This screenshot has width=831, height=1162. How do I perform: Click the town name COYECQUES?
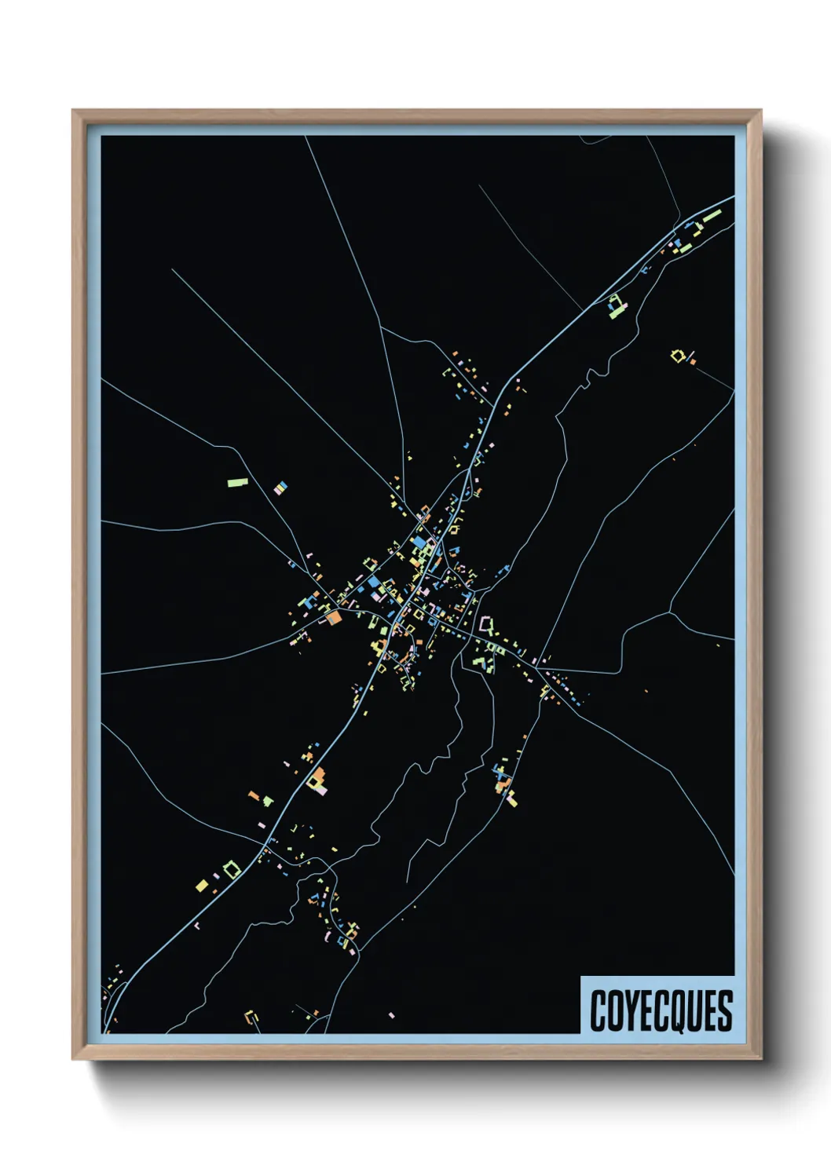[x=661, y=1010]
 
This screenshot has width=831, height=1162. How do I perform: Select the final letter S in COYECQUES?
[x=724, y=1010]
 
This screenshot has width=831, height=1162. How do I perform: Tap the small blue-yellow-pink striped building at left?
[x=280, y=488]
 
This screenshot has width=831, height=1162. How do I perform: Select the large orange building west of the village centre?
[x=333, y=617]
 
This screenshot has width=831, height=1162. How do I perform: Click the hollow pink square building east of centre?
[x=487, y=625]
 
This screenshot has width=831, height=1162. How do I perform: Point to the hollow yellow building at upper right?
[x=679, y=356]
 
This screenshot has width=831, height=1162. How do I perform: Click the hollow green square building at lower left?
[x=230, y=869]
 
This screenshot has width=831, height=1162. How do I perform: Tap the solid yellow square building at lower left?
[x=202, y=886]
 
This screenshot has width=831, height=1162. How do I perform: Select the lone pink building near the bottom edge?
[x=391, y=1015]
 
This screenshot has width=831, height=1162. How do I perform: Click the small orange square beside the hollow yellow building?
[x=692, y=361]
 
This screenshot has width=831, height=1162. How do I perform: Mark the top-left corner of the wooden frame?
[x=73, y=111]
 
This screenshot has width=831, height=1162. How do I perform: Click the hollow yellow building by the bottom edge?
[x=252, y=1018]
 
